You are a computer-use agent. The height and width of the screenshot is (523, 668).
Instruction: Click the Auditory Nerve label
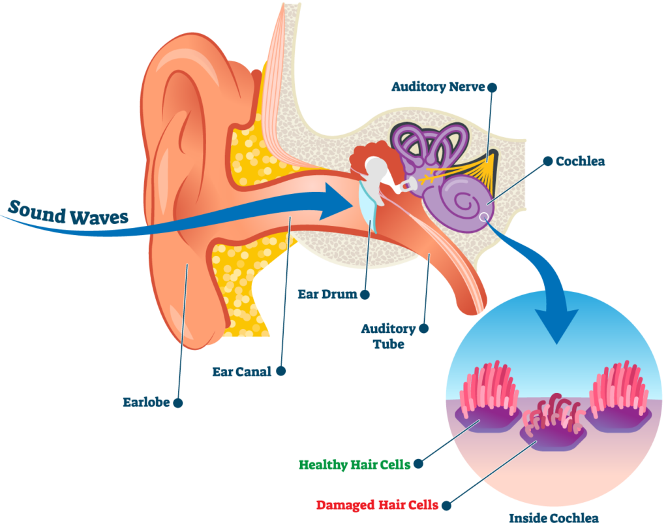click(438, 87)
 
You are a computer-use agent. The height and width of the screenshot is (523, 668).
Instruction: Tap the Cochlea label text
click(580, 161)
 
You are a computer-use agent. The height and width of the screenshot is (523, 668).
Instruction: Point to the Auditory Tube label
click(388, 336)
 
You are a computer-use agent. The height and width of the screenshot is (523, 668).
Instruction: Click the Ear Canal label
click(242, 372)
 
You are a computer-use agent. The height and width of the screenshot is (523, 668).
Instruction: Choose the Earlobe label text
click(146, 402)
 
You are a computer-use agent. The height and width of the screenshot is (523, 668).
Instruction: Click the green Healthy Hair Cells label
click(354, 464)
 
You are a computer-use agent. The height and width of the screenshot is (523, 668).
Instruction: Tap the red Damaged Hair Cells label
click(377, 505)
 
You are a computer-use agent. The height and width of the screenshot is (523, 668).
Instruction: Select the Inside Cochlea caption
click(554, 517)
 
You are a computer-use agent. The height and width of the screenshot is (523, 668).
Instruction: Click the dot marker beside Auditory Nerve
click(492, 87)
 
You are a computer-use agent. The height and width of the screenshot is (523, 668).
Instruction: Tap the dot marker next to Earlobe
click(177, 403)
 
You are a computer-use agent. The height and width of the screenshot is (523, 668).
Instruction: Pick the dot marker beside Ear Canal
click(281, 371)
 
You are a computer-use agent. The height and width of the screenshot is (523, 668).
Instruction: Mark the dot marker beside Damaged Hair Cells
click(446, 505)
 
